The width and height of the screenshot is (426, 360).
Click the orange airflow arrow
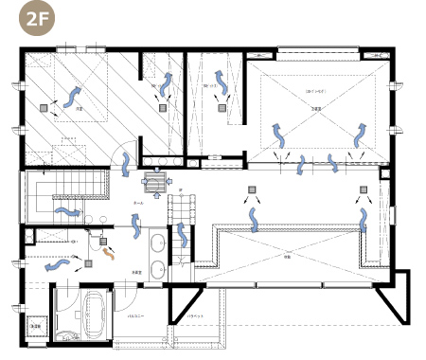(110, 254)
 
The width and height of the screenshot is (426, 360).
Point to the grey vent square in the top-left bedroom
(43, 108)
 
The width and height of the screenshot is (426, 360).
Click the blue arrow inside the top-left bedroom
(73, 93)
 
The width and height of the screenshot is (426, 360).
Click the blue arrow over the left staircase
(65, 210)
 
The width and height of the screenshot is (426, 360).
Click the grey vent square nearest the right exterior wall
(364, 190)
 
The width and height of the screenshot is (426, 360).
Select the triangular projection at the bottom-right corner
(392, 303)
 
